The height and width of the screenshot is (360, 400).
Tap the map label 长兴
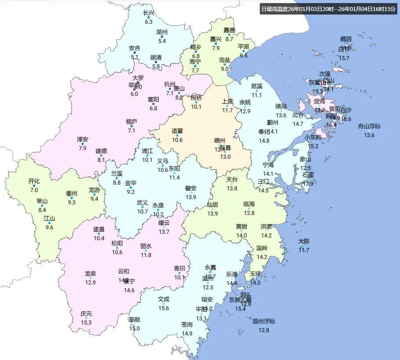pos(149,13)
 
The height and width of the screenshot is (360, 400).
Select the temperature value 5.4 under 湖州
pos(162,41)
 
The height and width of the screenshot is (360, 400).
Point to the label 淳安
pos(83,139)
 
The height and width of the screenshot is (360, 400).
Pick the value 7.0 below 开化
pos(34,190)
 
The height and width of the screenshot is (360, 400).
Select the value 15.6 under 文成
pos(164,308)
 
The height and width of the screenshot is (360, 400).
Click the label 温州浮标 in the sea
pos(264,321)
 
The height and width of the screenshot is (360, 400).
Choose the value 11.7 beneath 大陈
pos(304,250)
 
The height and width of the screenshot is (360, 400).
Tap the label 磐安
pos(191,188)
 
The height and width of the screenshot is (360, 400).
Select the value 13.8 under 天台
pos(232,189)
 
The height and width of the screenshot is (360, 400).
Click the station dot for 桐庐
pos(131,127)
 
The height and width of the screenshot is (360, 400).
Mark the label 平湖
pos(244,47)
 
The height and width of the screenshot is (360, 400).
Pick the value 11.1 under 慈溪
pos(257,95)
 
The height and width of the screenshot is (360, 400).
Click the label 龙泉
pos(91,273)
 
